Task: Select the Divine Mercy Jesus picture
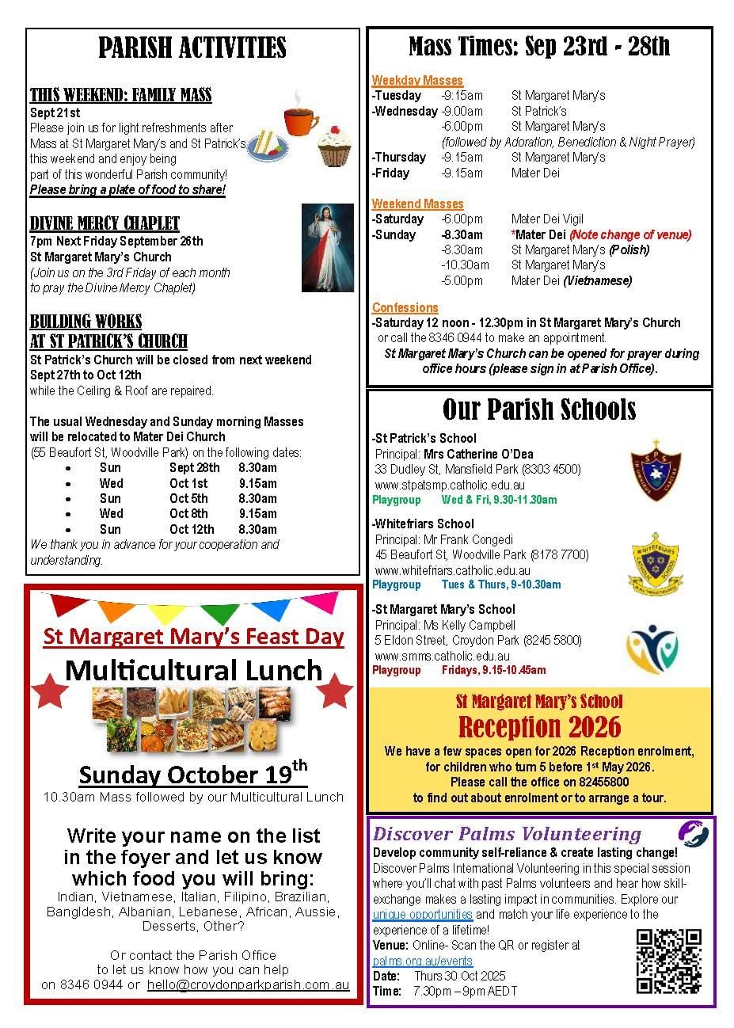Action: [x=328, y=247]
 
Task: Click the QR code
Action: [x=669, y=961]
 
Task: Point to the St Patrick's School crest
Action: [x=655, y=471]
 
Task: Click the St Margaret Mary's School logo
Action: [x=652, y=649]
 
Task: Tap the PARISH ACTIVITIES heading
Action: [x=192, y=48]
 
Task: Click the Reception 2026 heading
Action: [x=539, y=726]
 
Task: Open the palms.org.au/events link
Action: [x=422, y=961]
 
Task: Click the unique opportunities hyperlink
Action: [x=423, y=914]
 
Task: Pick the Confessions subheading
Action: [x=405, y=307]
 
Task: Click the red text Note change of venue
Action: [x=630, y=234]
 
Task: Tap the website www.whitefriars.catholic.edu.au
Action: [x=453, y=570]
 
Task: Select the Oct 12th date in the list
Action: [x=192, y=529]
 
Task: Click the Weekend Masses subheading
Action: [x=417, y=204]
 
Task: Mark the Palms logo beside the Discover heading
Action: [x=693, y=833]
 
